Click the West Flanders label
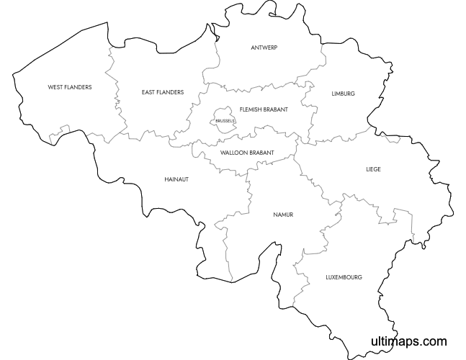pos(70,87)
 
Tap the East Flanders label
pos(163,92)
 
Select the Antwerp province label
pos(264,48)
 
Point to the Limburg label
pos(344,94)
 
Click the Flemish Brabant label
pos(264,109)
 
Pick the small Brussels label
pos(225,121)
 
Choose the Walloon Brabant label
pos(247,153)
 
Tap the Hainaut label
pos(176,179)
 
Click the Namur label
pos(283,215)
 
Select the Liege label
pos(373,169)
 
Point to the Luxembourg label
pos(344,276)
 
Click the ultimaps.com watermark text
pos(408,341)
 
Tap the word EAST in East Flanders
pos(149,92)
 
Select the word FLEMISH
pos(252,109)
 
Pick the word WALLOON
pos(234,153)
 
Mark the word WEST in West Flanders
pos(55,87)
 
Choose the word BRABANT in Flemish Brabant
pos(277,109)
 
